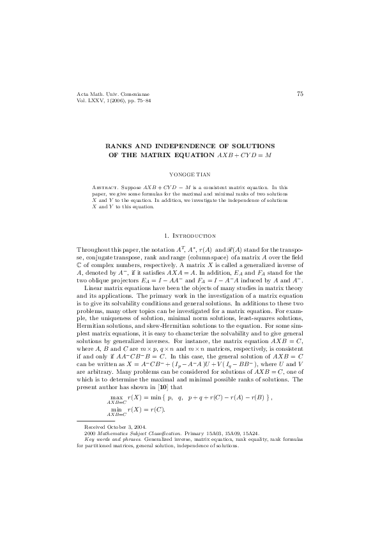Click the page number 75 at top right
click(x=300, y=94)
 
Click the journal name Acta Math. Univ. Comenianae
click(x=105, y=95)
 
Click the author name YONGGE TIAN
click(x=190, y=173)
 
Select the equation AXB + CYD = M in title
click(x=245, y=155)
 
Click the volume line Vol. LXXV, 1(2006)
click(x=104, y=101)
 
